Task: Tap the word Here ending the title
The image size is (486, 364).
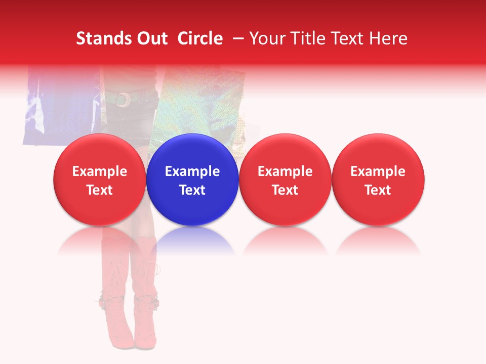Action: pyautogui.click(x=388, y=38)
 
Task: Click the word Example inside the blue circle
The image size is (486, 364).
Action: pyautogui.click(x=192, y=171)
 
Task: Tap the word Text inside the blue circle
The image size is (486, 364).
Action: pyautogui.click(x=192, y=190)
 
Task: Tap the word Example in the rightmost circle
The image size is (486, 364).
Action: pyautogui.click(x=378, y=171)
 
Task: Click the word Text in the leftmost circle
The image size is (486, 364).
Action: pyautogui.click(x=100, y=190)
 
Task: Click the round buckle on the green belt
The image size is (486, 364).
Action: pyautogui.click(x=121, y=100)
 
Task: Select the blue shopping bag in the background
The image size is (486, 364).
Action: pyautogui.click(x=61, y=104)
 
